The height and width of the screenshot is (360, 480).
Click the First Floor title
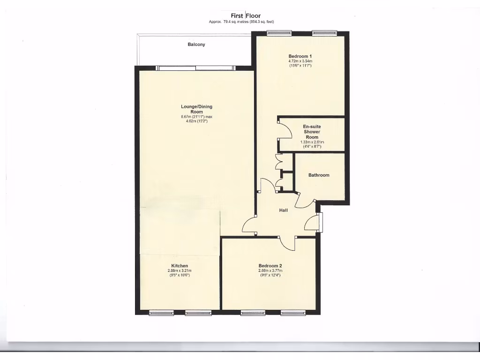coord(246,15)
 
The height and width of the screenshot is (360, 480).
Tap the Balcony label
coord(196,45)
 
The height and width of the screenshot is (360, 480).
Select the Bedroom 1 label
coord(300,56)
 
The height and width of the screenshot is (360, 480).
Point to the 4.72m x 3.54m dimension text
coord(300,61)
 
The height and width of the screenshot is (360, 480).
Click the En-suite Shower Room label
coord(312,132)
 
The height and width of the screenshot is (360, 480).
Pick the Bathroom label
coord(319,175)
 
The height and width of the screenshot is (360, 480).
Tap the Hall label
coord(284,210)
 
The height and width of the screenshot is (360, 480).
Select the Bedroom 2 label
coord(270,265)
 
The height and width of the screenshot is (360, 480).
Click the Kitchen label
coord(180,266)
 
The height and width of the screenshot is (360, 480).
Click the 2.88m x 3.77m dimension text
coord(270,270)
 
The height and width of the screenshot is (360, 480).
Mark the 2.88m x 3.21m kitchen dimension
coord(180,270)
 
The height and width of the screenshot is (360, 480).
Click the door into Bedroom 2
coord(287,242)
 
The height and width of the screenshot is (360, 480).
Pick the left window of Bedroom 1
coord(279,33)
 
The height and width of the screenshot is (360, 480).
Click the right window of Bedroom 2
coord(293,313)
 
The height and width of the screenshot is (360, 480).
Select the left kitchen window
coord(161,313)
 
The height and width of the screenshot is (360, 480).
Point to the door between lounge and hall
coord(250,225)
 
